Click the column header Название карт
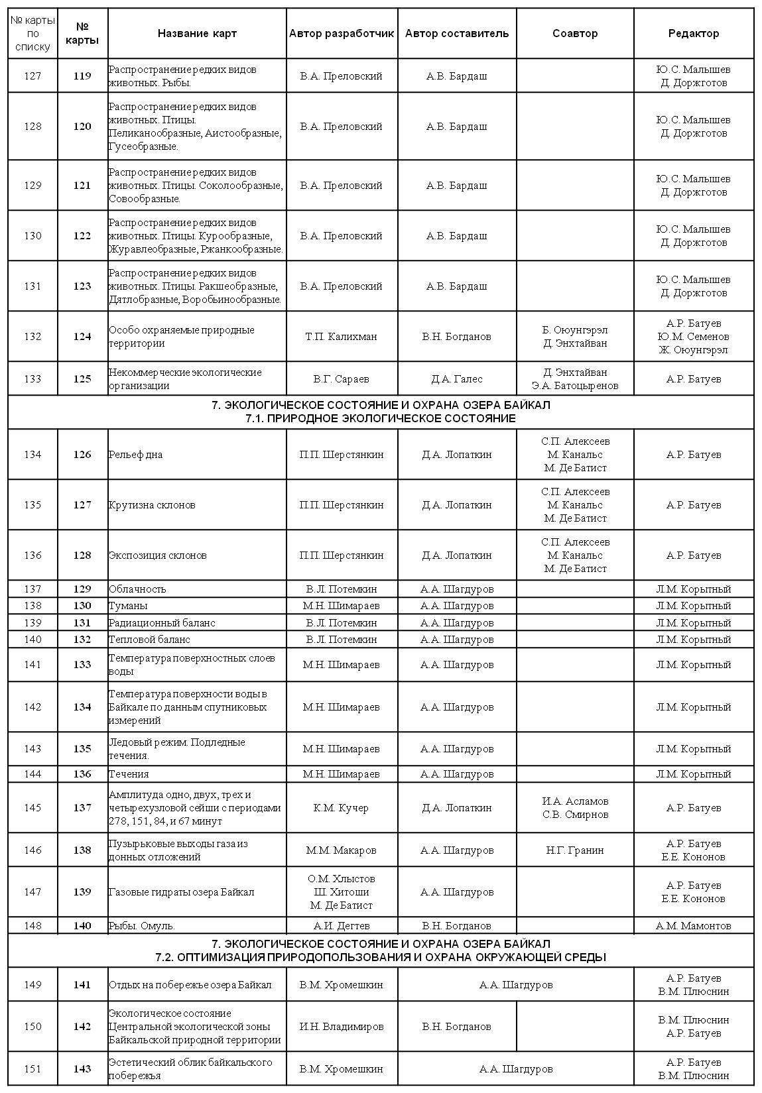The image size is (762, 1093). pyautogui.click(x=197, y=33)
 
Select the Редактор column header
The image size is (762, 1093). pyautogui.click(x=693, y=33)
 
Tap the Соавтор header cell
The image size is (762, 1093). pyautogui.click(x=574, y=33)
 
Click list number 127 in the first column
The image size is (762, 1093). pyautogui.click(x=32, y=76)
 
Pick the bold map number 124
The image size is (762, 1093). pyautogui.click(x=82, y=337)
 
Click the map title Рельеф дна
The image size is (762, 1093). pyautogui.click(x=136, y=455)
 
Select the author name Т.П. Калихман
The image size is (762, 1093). pyautogui.click(x=341, y=337)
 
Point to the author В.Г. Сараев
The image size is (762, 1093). pyautogui.click(x=341, y=379)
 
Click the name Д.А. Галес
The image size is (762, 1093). pyautogui.click(x=456, y=379)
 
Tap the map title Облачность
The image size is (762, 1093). pyautogui.click(x=137, y=589)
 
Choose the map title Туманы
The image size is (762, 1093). pyautogui.click(x=128, y=606)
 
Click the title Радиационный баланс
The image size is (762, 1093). pyautogui.click(x=162, y=623)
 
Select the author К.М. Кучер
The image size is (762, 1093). pyautogui.click(x=341, y=808)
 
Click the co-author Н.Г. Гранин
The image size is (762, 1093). pyautogui.click(x=574, y=850)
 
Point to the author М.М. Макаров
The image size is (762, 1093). pyautogui.click(x=341, y=850)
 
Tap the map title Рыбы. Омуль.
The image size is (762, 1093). pyautogui.click(x=141, y=926)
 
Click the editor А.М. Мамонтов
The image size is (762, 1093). pyautogui.click(x=693, y=926)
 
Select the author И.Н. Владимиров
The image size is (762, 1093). pyautogui.click(x=341, y=1027)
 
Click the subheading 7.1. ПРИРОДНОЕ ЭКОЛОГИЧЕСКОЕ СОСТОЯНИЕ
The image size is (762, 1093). pyautogui.click(x=380, y=419)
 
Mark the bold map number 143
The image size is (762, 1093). pyautogui.click(x=82, y=1068)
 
